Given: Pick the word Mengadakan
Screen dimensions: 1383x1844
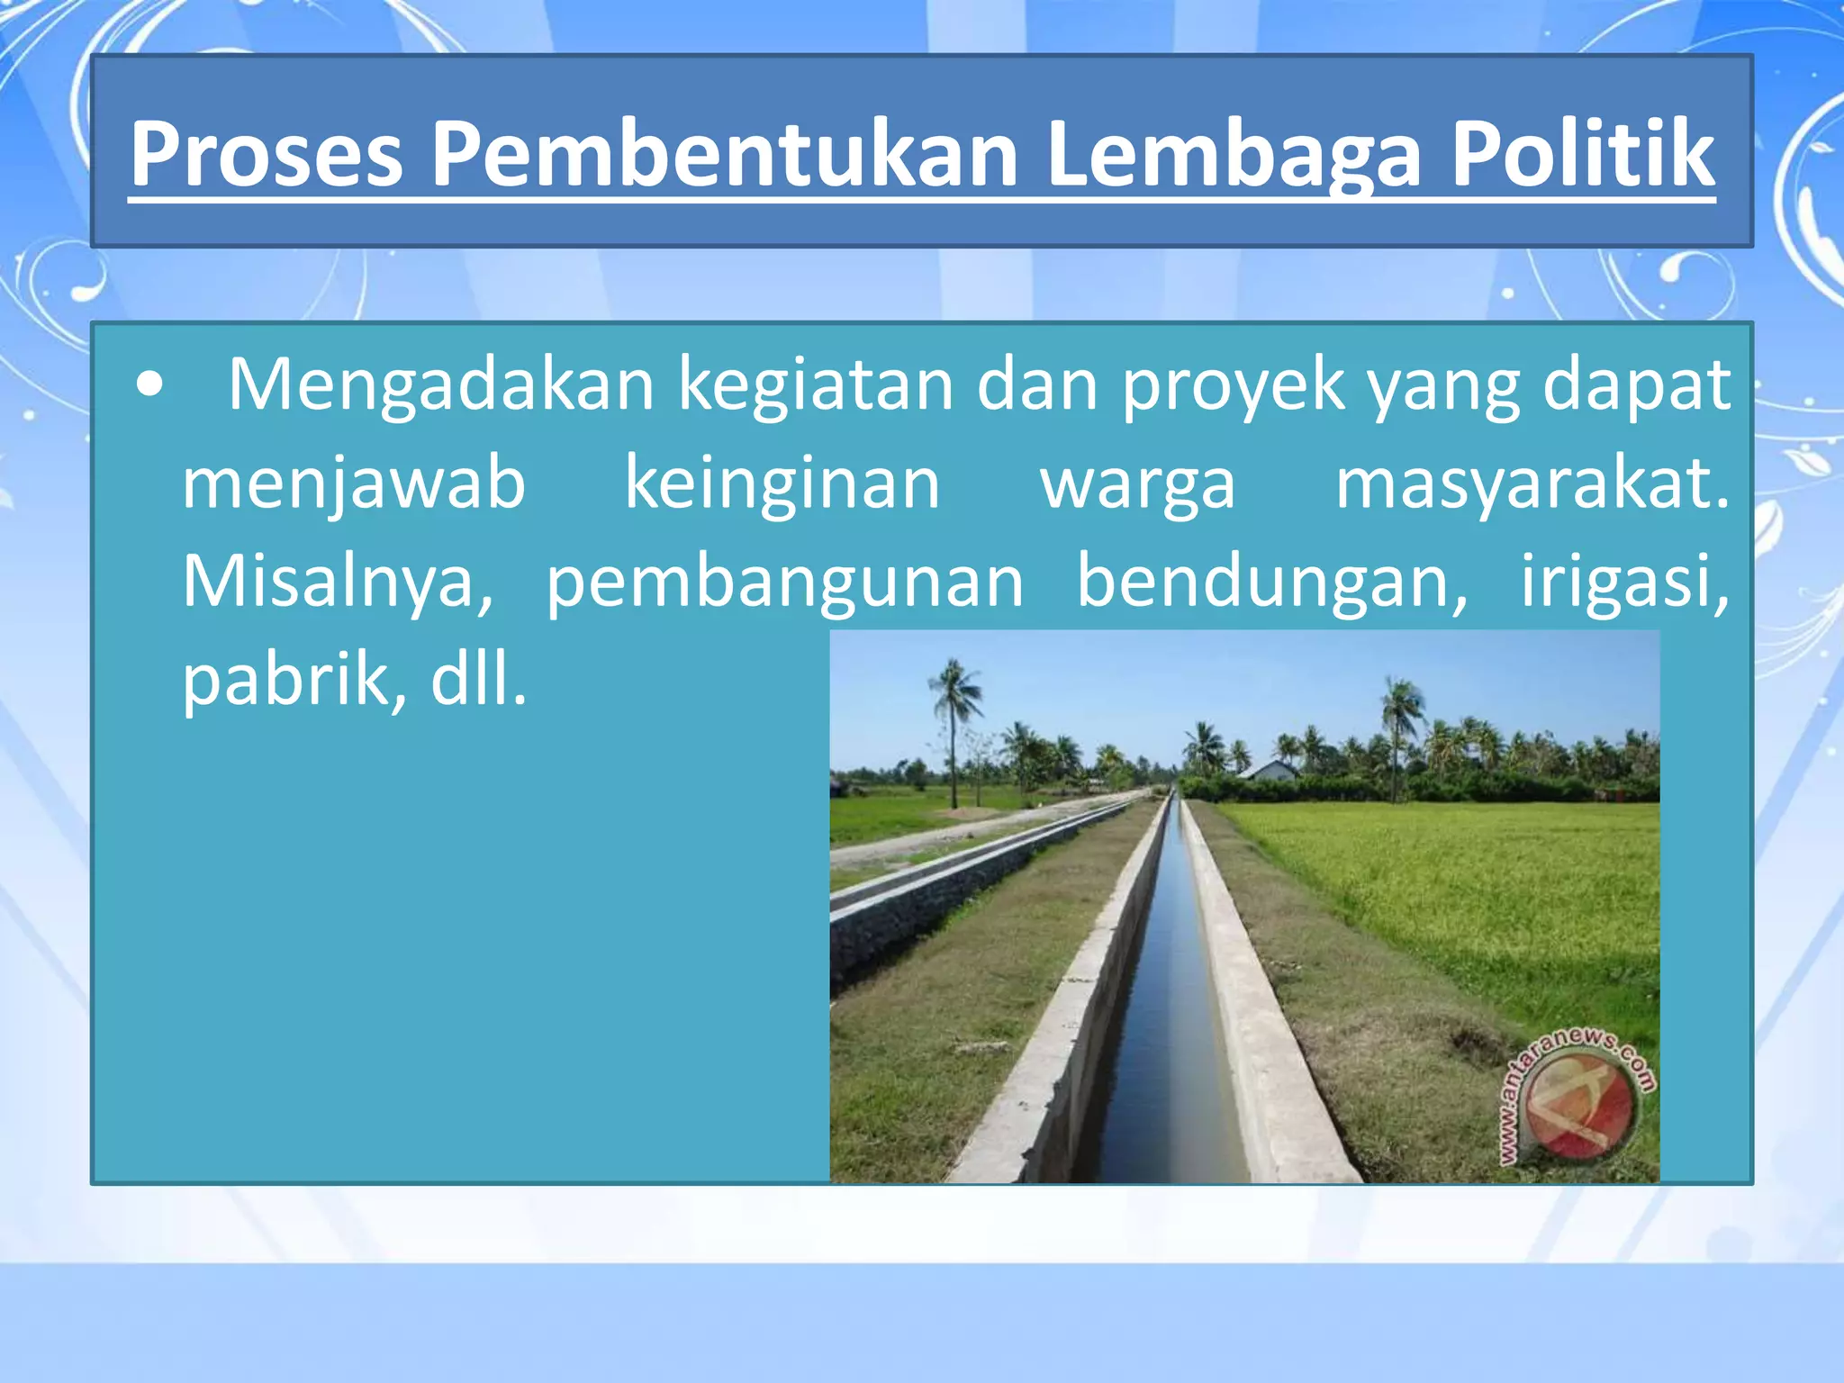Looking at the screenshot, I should pyautogui.click(x=440, y=386).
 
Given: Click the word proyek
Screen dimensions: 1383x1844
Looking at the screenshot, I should pyautogui.click(x=1233, y=386).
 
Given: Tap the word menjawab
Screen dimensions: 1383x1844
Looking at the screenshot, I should pyautogui.click(x=354, y=484).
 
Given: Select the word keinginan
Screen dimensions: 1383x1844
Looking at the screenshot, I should pyautogui.click(x=782, y=484).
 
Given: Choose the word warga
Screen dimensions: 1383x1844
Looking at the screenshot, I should pyautogui.click(x=1138, y=484).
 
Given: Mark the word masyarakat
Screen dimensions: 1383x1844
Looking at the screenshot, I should pyautogui.click(x=1531, y=484).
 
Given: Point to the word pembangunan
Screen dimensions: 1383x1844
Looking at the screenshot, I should pyautogui.click(x=785, y=583).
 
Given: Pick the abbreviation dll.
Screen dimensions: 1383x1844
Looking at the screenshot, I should pyautogui.click(x=478, y=681).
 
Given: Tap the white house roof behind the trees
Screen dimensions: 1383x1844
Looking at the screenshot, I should pyautogui.click(x=1270, y=769).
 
